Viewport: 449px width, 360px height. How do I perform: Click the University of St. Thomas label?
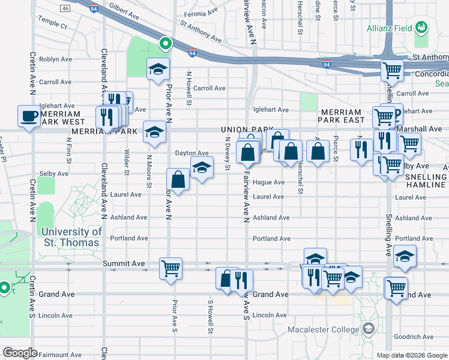(71, 237)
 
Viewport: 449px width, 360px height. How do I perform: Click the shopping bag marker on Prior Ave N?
(178, 179)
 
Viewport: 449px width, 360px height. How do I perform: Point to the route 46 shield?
(65, 9)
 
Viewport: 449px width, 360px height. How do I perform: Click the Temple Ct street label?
(53, 26)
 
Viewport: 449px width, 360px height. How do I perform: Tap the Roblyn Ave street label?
(55, 60)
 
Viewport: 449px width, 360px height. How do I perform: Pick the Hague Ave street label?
(268, 182)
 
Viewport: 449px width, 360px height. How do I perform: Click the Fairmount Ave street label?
(59, 355)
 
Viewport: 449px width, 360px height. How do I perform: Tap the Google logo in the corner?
(20, 353)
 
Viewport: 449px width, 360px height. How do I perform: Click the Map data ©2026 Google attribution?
(411, 355)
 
